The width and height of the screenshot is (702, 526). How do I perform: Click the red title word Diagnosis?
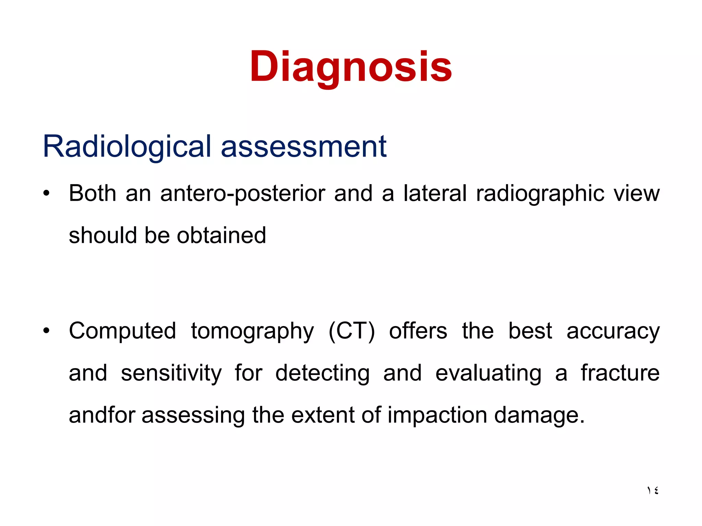[351, 67]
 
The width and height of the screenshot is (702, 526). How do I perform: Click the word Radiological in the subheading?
[126, 147]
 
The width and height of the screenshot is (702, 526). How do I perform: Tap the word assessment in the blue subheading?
[304, 147]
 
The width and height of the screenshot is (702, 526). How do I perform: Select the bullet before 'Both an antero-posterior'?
[46, 193]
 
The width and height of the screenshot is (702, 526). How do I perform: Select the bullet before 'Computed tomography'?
[46, 331]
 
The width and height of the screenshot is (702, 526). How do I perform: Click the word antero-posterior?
[243, 194]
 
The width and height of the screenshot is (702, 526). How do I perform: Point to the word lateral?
[435, 193]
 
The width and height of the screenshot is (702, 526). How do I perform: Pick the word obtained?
[221, 236]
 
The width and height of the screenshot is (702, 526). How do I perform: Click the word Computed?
[122, 331]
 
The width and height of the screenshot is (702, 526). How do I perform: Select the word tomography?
[252, 331]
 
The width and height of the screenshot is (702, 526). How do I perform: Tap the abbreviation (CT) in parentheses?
[352, 331]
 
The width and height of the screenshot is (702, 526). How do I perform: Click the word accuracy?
[613, 331]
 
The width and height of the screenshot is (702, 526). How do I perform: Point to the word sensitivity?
[171, 373]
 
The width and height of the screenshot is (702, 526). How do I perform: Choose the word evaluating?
[488, 373]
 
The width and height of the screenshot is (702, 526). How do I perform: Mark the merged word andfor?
[102, 415]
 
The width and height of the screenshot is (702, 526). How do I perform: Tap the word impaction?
[437, 415]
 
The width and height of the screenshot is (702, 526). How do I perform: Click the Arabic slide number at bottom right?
[652, 490]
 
